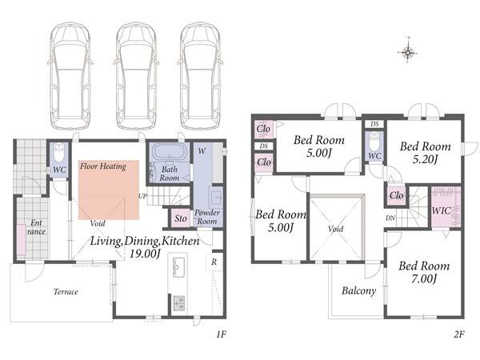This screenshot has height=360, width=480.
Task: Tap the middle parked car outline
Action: [x=136, y=76]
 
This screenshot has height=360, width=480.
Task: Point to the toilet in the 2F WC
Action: [x=374, y=140]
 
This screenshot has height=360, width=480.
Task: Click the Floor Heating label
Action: [x=103, y=166]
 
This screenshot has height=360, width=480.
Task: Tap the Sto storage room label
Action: [x=181, y=218]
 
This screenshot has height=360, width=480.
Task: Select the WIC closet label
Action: [x=441, y=210]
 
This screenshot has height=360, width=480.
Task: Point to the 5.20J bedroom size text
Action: [x=425, y=159]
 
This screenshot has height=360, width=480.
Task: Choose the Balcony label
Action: [x=358, y=291]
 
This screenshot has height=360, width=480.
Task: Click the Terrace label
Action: [x=66, y=292]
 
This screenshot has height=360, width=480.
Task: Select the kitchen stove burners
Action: [x=178, y=303]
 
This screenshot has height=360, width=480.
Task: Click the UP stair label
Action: [x=142, y=196]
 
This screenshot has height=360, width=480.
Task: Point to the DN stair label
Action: [x=390, y=218]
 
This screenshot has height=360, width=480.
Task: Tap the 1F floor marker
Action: [x=221, y=334]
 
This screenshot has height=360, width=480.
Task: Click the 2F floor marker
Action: [x=459, y=334]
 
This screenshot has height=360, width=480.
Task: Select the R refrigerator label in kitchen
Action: [x=214, y=262]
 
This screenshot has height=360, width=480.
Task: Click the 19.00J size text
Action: [x=145, y=254]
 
